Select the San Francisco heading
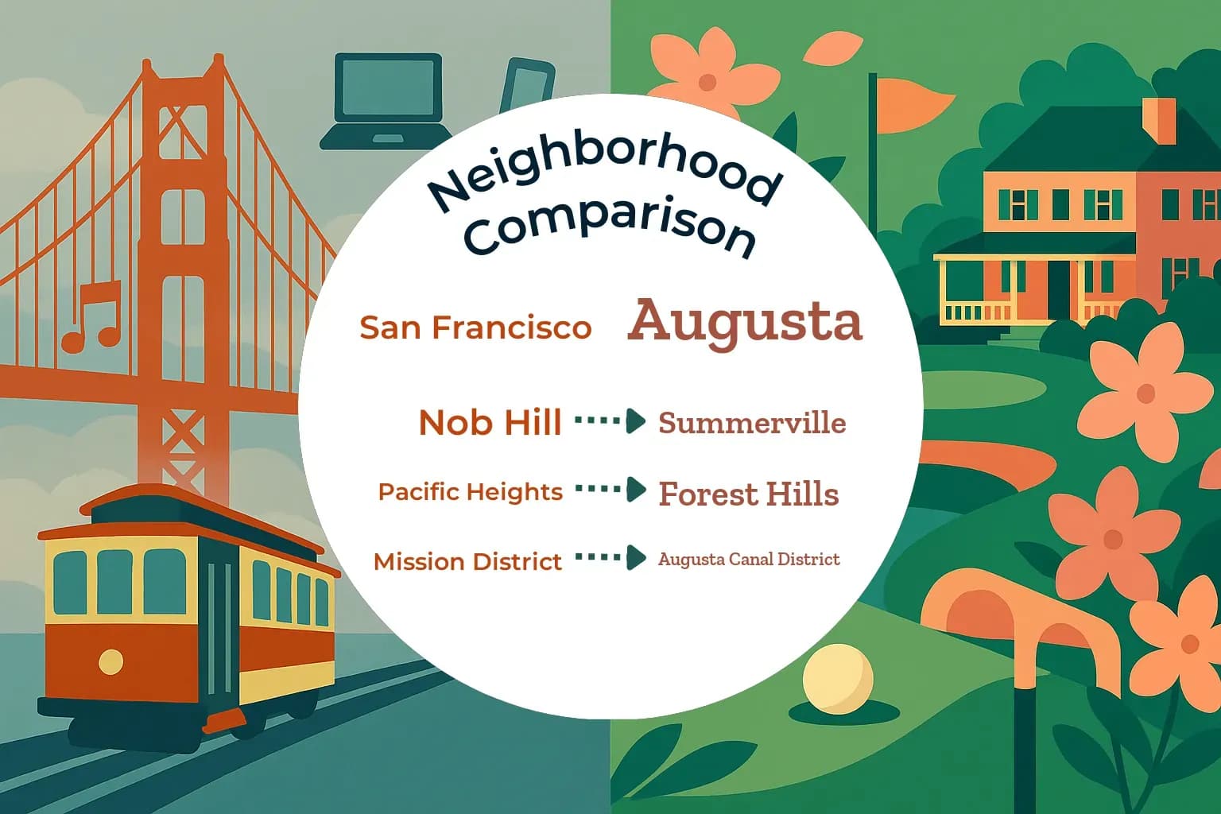[475, 328]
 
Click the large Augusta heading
[745, 321]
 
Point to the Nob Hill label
[490, 422]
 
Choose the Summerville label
[752, 423]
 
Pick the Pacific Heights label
[470, 492]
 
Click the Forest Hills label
[749, 494]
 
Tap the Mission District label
[467, 561]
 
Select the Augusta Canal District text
[749, 559]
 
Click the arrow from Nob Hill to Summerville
[610, 421]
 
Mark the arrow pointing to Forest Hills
[610, 490]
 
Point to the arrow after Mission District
[610, 558]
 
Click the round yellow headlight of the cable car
[110, 661]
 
